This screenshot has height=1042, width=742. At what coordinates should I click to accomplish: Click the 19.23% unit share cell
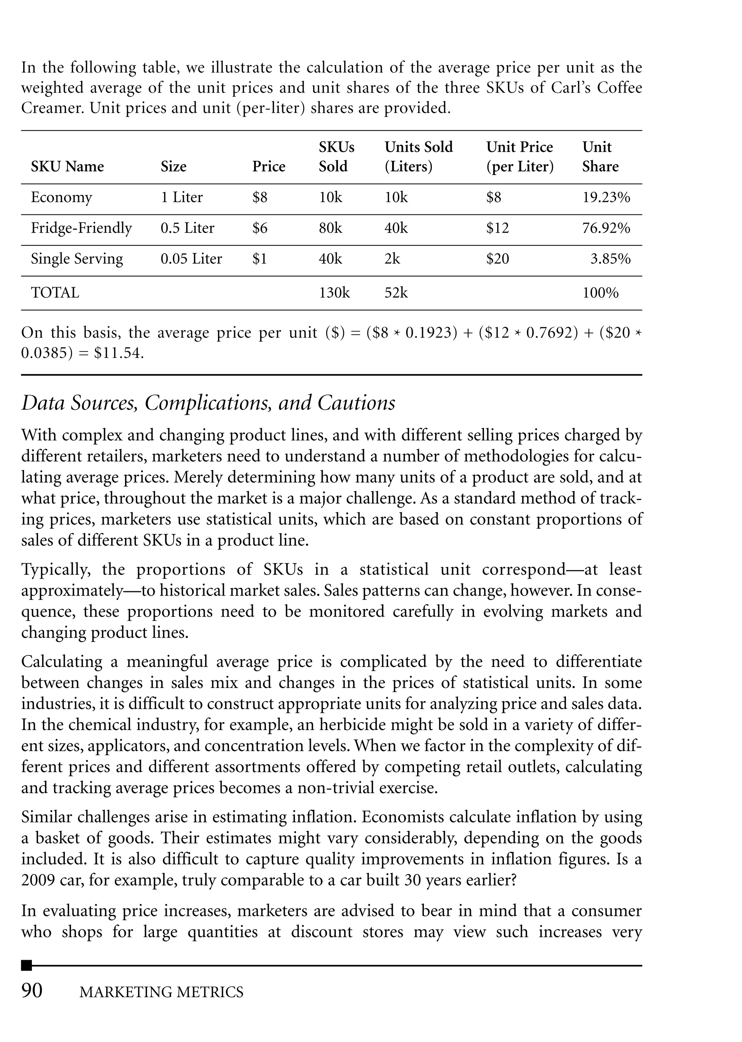[606, 197]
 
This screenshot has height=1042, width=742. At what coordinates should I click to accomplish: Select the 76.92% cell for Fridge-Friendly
[606, 228]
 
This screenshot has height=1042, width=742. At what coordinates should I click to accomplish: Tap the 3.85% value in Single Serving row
[610, 259]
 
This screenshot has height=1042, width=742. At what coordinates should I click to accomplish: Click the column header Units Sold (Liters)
[418, 157]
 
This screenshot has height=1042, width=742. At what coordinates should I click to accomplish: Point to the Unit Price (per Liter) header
[520, 157]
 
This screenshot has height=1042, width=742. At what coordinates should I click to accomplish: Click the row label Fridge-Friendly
[81, 228]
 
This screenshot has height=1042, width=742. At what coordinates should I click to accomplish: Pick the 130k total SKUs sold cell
[334, 292]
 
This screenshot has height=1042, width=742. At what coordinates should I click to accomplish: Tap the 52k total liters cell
[396, 292]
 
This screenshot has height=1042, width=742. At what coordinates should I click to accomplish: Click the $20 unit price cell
[497, 259]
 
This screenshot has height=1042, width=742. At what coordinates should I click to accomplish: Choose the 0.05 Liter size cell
[191, 259]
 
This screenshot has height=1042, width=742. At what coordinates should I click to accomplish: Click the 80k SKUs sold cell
[330, 228]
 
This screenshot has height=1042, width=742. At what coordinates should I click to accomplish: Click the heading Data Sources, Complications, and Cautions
[208, 403]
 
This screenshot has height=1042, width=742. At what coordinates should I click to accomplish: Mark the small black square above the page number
[26, 965]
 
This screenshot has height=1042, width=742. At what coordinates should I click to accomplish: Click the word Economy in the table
[61, 197]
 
